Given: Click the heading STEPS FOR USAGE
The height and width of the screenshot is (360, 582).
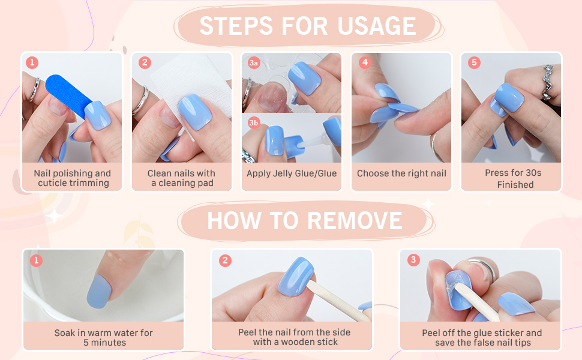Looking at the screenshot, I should (x=307, y=26).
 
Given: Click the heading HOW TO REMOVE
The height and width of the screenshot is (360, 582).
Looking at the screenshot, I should (x=305, y=221).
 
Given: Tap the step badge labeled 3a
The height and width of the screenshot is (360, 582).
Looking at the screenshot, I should (x=254, y=62).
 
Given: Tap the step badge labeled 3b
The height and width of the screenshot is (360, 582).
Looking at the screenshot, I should (x=254, y=123).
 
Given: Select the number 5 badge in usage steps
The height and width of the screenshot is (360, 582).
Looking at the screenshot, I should (x=474, y=62).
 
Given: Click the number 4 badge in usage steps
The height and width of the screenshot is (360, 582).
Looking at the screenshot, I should (x=364, y=62).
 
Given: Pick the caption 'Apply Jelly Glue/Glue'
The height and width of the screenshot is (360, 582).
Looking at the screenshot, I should (x=292, y=173).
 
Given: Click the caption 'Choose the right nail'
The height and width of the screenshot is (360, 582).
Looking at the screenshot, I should (x=401, y=173).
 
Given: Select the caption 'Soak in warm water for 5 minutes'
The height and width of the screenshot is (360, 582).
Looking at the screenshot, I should (x=104, y=337).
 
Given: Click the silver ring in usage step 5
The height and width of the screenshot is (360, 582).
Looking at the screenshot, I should (x=547, y=81).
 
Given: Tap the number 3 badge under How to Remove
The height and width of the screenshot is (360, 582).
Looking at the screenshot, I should (x=413, y=260).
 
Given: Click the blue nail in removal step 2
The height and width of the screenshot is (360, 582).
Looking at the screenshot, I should (x=296, y=276).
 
